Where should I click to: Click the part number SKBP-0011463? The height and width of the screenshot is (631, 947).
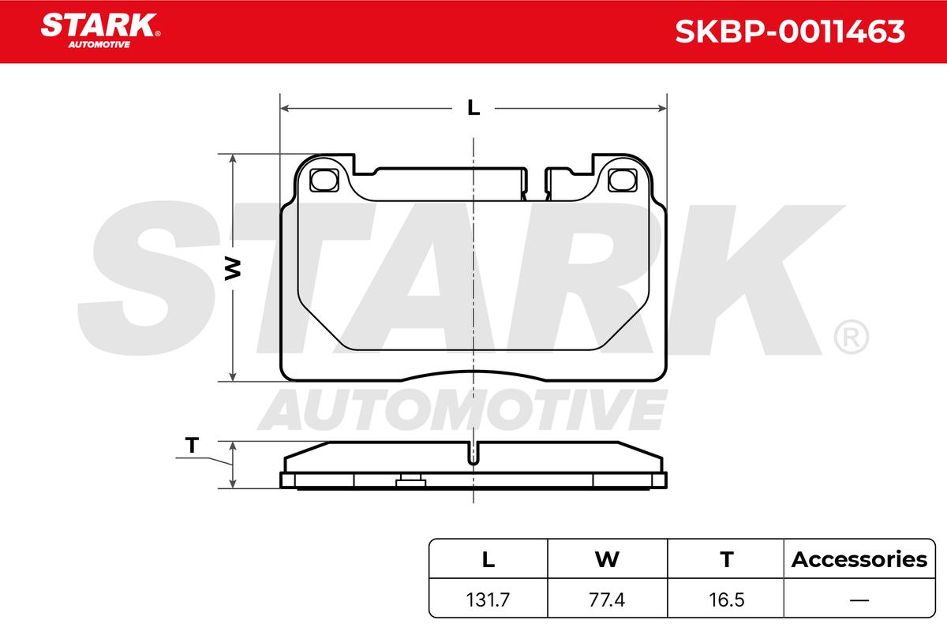click(x=790, y=32)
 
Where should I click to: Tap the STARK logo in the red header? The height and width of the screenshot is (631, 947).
click(x=100, y=31)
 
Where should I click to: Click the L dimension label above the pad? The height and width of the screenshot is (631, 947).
click(x=473, y=108)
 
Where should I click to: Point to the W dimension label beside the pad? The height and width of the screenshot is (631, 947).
click(x=233, y=268)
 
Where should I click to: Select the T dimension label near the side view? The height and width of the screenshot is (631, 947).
click(x=192, y=445)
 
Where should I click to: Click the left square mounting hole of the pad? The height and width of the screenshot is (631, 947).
click(x=324, y=180)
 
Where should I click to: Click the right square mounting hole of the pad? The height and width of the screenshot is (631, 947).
click(x=623, y=180)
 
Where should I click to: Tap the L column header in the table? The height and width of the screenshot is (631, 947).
click(x=488, y=559)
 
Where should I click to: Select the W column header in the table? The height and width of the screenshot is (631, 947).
click(x=607, y=559)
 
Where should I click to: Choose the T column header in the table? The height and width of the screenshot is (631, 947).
click(x=727, y=559)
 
